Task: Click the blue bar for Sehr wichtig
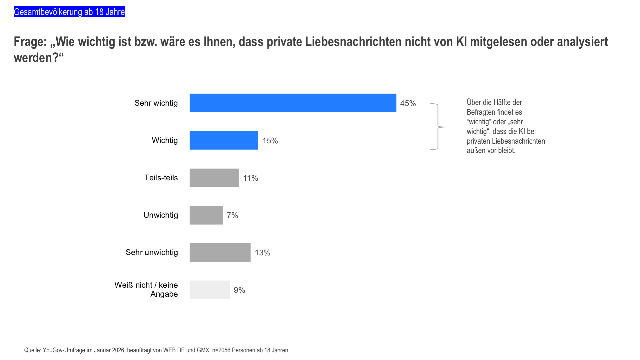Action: click(293, 103)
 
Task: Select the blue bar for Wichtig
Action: click(224, 140)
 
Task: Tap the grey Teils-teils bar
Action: click(214, 178)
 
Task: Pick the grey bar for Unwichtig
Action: click(206, 215)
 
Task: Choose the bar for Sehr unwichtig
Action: click(220, 252)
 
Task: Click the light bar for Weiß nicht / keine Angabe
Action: click(210, 290)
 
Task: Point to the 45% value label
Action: click(408, 103)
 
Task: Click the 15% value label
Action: click(270, 141)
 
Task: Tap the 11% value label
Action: click(251, 178)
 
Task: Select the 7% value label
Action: click(232, 215)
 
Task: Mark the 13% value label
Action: click(262, 253)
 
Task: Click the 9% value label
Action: click(239, 290)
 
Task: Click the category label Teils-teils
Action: click(161, 178)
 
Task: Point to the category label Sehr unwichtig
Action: click(152, 252)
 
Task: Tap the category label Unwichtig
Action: click(161, 215)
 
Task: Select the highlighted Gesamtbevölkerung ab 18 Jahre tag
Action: click(69, 12)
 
